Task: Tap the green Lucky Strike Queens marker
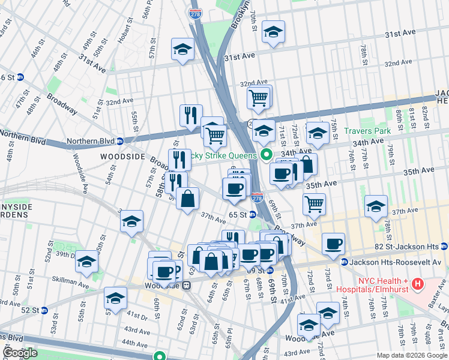point(265,155)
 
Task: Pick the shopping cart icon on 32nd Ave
point(258,97)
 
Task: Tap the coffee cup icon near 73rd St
point(333,244)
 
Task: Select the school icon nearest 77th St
point(376,207)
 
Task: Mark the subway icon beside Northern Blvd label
point(119,142)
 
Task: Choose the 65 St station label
point(238,215)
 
